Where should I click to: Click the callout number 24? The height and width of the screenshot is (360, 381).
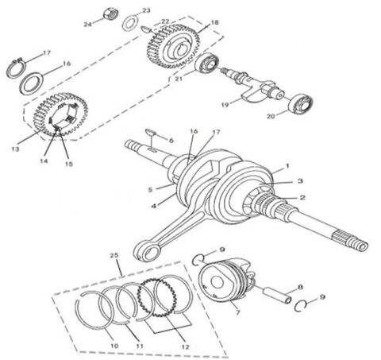click(x=87, y=24)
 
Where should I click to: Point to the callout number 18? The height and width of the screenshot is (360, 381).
click(x=215, y=24)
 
